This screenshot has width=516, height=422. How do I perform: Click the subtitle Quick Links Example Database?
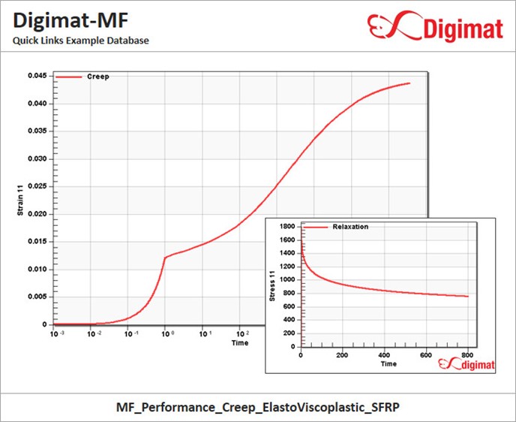[x=80, y=40]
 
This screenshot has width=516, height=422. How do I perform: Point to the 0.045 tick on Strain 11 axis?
[x=37, y=76]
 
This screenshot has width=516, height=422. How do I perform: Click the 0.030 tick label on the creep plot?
[x=37, y=158]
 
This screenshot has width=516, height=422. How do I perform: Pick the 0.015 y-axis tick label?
[x=37, y=242]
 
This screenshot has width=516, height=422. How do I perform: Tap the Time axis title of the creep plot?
[x=240, y=342]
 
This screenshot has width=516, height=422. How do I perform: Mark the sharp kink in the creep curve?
[x=166, y=257]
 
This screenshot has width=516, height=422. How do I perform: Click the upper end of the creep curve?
[x=409, y=83]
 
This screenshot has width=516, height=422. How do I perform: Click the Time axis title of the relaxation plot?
[x=388, y=364]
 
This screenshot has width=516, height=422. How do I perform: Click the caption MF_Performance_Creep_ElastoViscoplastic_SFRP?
[x=257, y=406]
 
